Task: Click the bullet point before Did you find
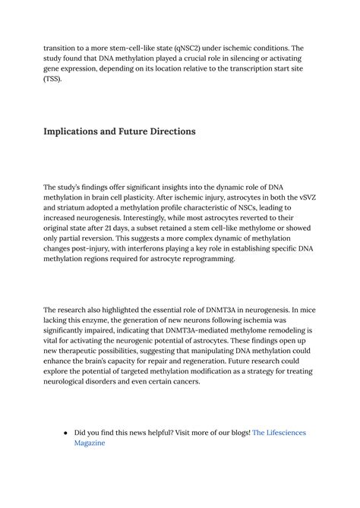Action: [65, 432]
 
